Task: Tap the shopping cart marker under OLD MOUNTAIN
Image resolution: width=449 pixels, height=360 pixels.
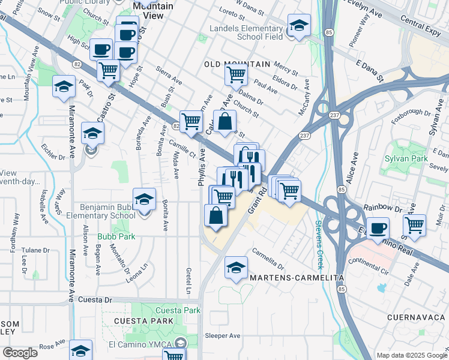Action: click(x=236, y=75)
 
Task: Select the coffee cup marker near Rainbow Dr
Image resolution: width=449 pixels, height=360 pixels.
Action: click(x=378, y=228)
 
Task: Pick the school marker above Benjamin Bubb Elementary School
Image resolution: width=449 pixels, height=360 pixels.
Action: click(x=144, y=199)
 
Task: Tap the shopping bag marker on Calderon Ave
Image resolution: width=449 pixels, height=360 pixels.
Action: click(x=224, y=121)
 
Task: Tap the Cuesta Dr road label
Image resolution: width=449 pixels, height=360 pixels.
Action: click(x=95, y=299)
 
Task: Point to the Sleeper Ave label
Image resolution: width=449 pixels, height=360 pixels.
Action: click(x=223, y=335)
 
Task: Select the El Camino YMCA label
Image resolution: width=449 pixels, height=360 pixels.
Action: click(x=142, y=343)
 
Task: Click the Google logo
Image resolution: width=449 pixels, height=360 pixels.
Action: click(x=19, y=353)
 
